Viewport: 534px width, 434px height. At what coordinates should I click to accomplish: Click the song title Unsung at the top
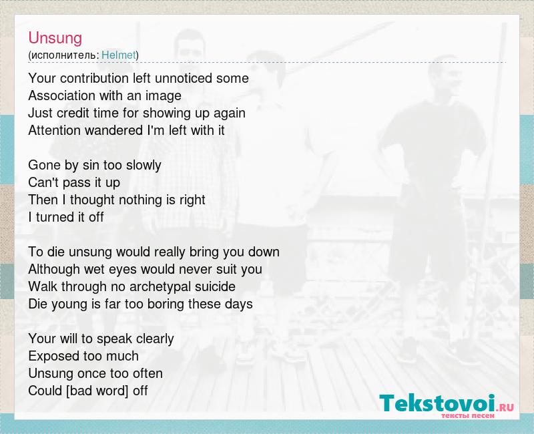[x=55, y=38]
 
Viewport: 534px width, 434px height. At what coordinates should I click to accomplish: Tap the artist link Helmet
[x=119, y=55]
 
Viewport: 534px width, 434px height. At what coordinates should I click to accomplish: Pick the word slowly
[x=144, y=165]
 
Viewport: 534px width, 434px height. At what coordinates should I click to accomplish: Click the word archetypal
[x=160, y=286]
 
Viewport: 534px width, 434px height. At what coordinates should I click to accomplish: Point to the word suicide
[x=215, y=286]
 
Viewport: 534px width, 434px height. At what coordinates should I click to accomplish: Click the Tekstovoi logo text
[x=437, y=403]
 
